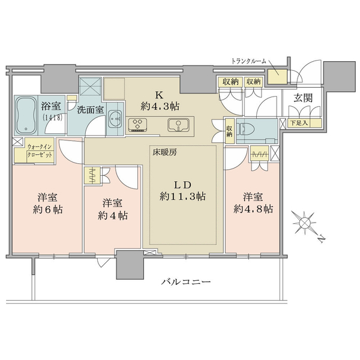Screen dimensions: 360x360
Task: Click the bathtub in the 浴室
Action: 26,115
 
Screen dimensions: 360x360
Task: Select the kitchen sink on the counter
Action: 178,125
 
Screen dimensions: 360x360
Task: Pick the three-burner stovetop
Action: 137,125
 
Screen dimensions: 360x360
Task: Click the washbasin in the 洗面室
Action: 114,119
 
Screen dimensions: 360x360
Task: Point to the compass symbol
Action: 304,223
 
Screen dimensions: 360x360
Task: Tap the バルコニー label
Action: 185,281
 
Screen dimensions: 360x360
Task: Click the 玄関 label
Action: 303,98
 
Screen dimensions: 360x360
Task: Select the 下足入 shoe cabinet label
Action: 299,123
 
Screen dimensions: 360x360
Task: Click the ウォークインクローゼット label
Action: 40,151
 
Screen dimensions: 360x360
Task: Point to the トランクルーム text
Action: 248,61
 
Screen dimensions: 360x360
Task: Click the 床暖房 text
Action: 165,152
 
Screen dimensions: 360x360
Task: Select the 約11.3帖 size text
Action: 182,196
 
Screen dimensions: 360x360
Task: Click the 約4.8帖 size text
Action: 253,209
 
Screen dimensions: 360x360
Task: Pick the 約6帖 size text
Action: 48,209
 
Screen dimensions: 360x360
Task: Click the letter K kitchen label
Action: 160,94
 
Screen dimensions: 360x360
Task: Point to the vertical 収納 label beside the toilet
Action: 230,130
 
